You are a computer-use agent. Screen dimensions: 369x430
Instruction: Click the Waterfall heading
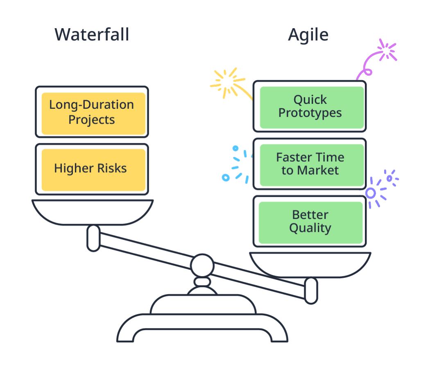(x=92, y=35)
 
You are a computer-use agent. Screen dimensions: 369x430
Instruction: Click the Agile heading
(x=308, y=35)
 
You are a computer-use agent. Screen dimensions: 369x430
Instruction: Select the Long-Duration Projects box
(x=92, y=112)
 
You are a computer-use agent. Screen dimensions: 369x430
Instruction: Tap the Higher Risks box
(x=92, y=169)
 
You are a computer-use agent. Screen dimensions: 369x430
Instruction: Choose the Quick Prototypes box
(x=310, y=106)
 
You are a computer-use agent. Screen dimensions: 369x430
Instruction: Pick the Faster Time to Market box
(x=310, y=164)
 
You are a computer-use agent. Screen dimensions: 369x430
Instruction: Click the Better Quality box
(x=310, y=221)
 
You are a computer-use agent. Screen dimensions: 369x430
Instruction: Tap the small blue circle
(x=225, y=178)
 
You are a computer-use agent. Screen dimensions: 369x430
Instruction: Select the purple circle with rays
(x=371, y=193)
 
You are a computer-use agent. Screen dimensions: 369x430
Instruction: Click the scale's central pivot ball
(x=202, y=265)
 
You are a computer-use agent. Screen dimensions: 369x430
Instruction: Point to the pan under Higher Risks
(x=93, y=211)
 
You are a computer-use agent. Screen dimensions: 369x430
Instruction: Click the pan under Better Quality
(x=310, y=264)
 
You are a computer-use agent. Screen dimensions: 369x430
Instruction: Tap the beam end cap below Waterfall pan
(x=93, y=238)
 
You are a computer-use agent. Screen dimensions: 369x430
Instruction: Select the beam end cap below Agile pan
(x=311, y=290)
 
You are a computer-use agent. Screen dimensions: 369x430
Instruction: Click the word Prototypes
(x=310, y=113)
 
